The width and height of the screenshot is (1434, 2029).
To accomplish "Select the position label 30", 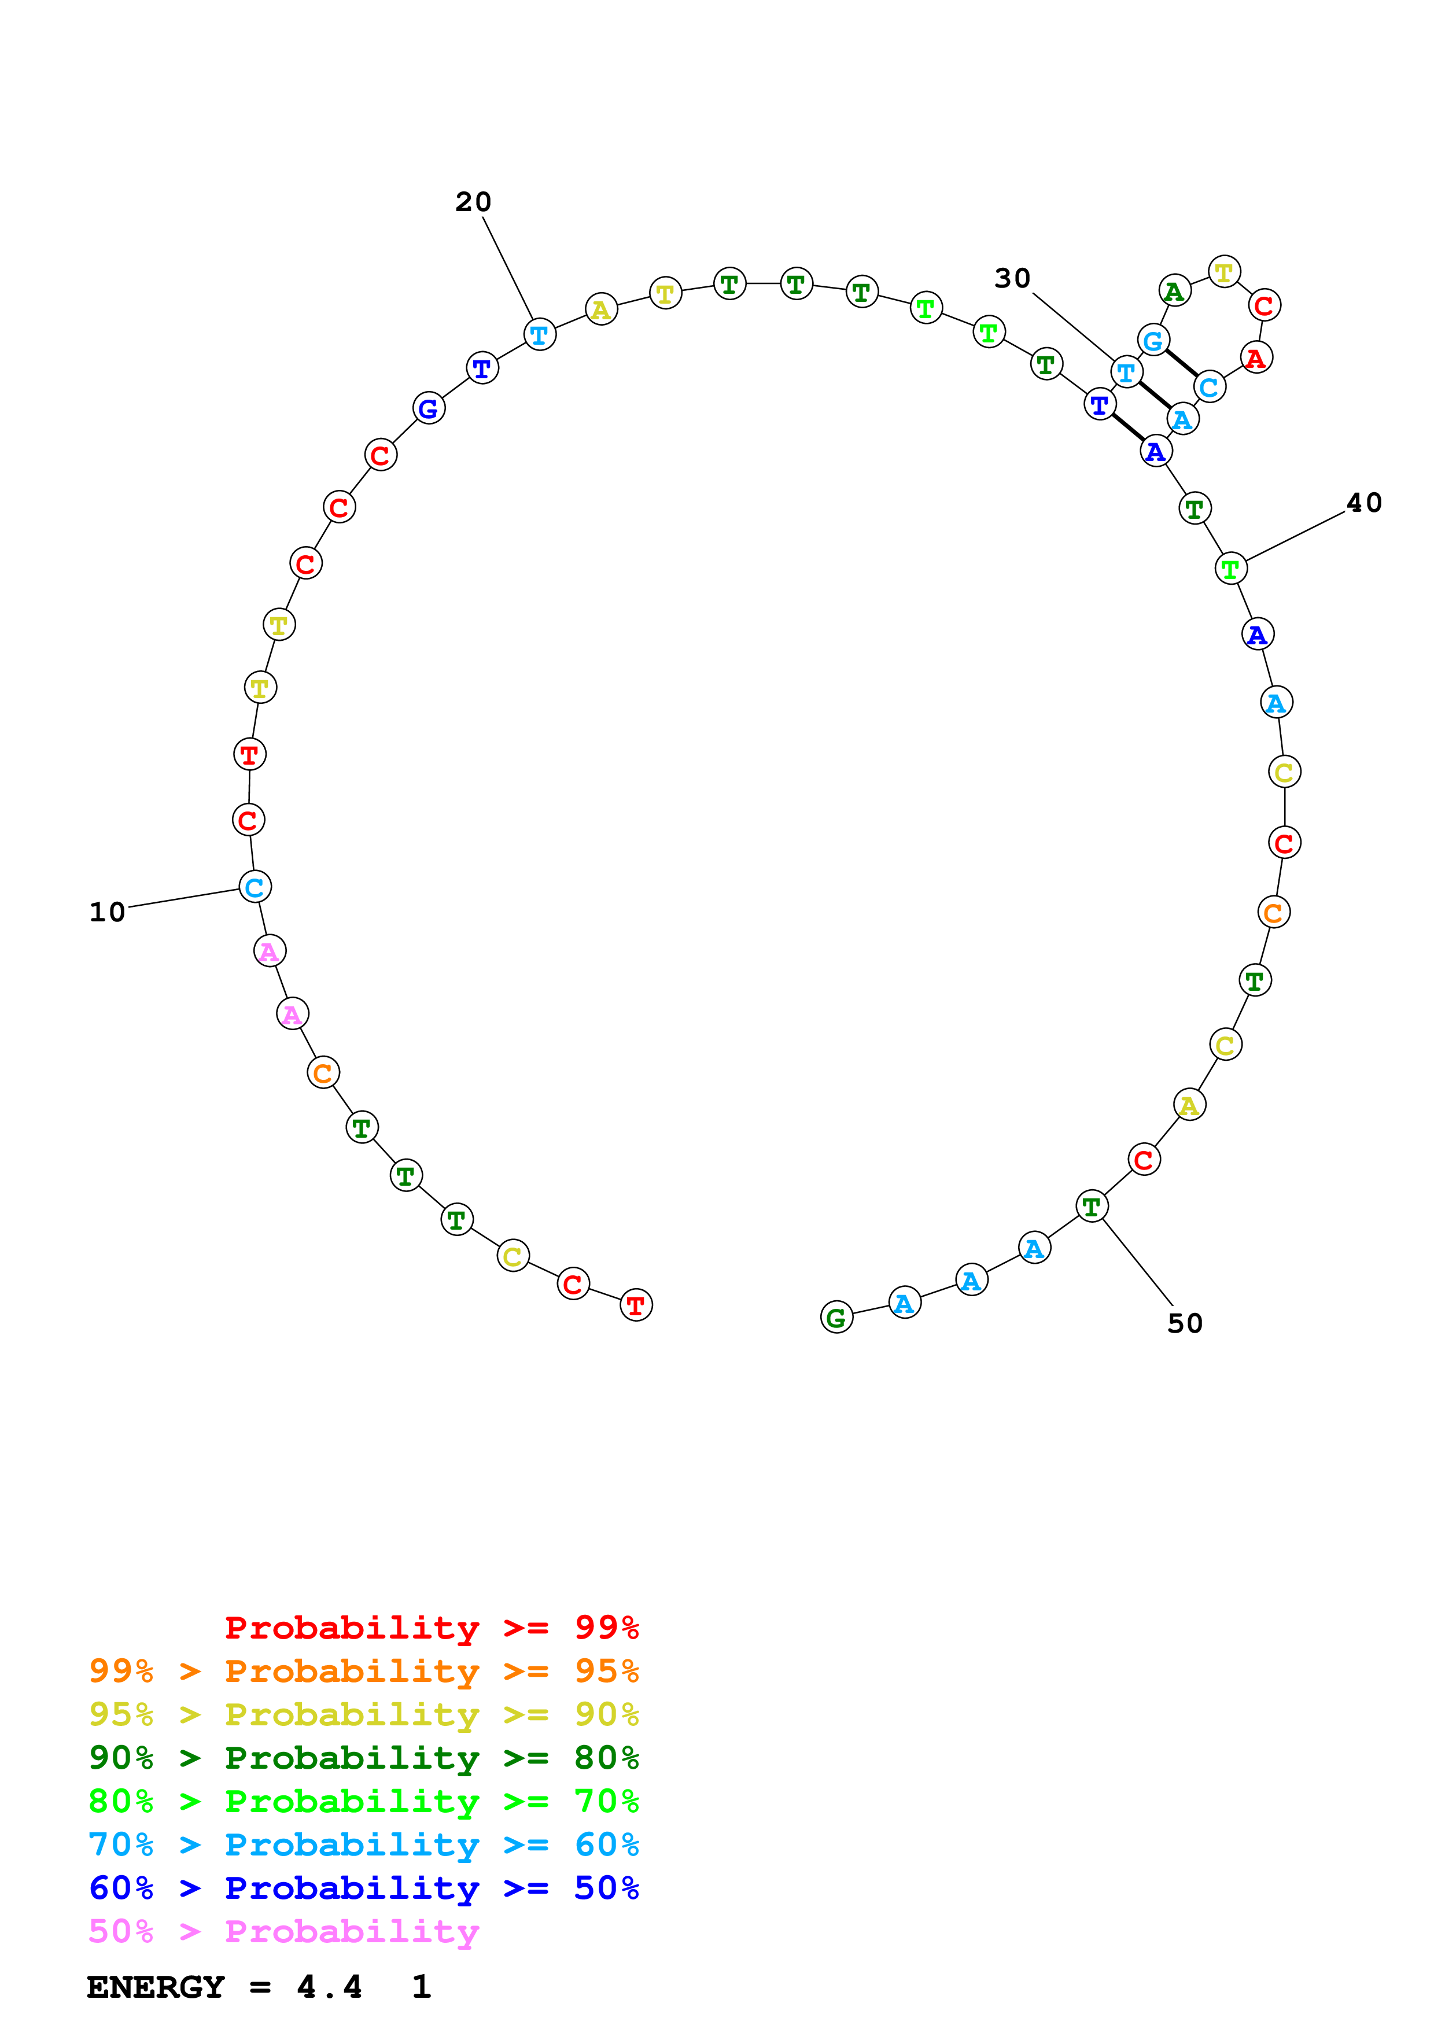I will coord(1012,278).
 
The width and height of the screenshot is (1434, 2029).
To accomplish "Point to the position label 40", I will coord(1363,502).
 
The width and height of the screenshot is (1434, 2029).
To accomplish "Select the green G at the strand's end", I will coord(836,1317).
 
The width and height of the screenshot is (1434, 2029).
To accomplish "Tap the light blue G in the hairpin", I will coord(1153,340).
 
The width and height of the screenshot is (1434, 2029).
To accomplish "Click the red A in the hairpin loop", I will coord(1255,358).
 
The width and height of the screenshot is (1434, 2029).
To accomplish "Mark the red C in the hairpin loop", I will coord(1265,305).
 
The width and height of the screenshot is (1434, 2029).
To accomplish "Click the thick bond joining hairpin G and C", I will coord(1181,363).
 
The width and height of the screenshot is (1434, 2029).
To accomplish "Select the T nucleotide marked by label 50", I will coord(1091,1205).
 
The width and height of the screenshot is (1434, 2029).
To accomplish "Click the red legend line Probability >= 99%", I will coord(431,1627).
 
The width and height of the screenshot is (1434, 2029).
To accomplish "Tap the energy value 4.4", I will coord(330,1987).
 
